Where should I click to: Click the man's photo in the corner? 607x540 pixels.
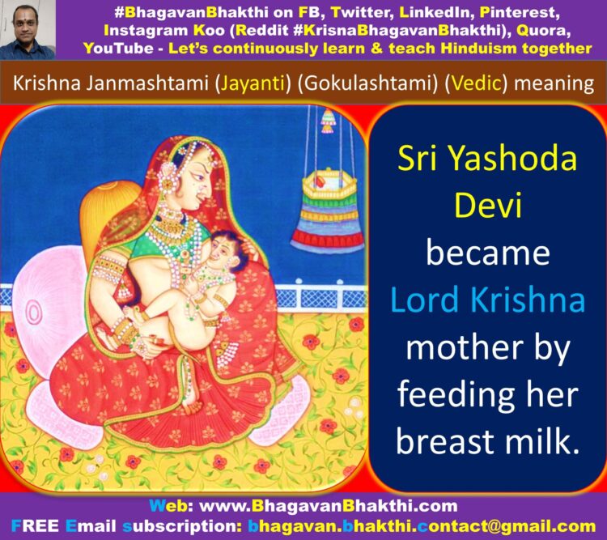coord(28,30)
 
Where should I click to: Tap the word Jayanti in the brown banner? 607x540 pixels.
coord(253,83)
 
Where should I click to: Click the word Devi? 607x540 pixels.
coord(488,205)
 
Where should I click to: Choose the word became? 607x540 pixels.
coord(488,253)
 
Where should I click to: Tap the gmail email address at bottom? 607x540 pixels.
coord(422,526)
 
